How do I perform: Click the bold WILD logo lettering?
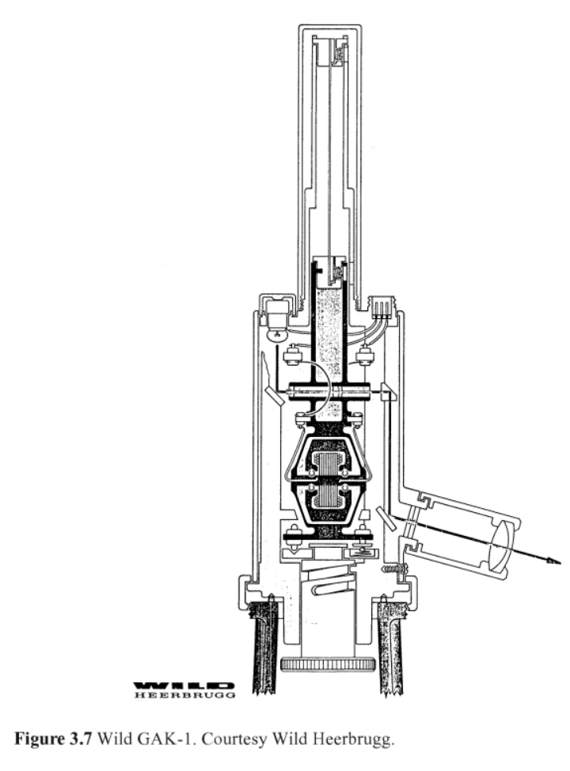tap(184, 686)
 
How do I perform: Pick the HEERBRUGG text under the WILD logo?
tap(184, 695)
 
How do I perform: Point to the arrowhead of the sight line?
tap(553, 560)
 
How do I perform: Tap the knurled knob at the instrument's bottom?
tap(328, 665)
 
